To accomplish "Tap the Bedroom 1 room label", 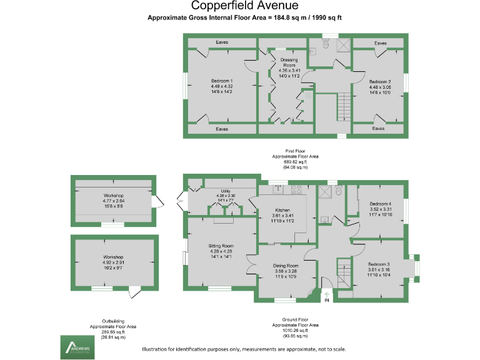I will [222, 81].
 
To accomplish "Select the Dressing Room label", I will [289, 61].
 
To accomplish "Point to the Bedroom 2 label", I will [379, 82].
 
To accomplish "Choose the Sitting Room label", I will [221, 246].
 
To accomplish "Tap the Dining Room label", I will [285, 266].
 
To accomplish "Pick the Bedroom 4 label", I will [380, 204].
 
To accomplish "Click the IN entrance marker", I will [326, 301].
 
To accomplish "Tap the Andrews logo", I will [76, 347].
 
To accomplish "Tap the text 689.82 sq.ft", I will [296, 162].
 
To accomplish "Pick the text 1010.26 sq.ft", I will [296, 331].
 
